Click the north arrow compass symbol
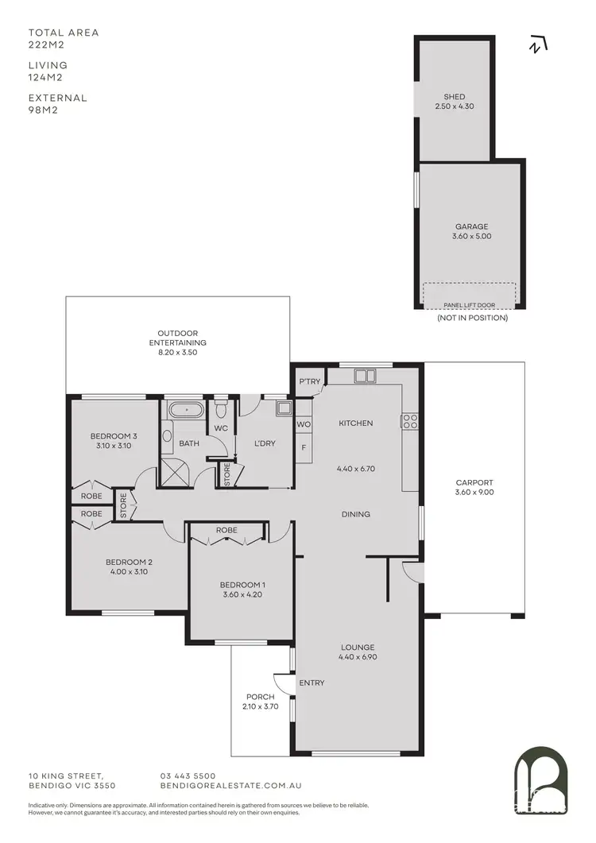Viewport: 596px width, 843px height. pyautogui.click(x=538, y=45)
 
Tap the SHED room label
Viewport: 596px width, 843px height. pyautogui.click(x=455, y=97)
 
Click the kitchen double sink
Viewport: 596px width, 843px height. pyautogui.click(x=366, y=376)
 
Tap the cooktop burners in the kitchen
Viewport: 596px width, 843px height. pyautogui.click(x=411, y=421)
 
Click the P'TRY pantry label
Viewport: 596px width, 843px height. pyautogui.click(x=309, y=382)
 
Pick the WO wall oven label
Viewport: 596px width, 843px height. pyautogui.click(x=304, y=425)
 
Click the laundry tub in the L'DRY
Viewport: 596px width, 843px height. pyautogui.click(x=284, y=409)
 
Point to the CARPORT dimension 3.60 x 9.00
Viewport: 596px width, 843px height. pyautogui.click(x=474, y=493)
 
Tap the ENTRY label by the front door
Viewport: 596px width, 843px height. pyautogui.click(x=312, y=683)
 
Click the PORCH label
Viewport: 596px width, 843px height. pyautogui.click(x=260, y=697)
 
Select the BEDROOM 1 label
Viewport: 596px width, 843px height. pyautogui.click(x=242, y=586)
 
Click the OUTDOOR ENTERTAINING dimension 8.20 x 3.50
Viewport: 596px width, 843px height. pyautogui.click(x=177, y=351)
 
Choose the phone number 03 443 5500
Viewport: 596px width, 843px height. pyautogui.click(x=188, y=775)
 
